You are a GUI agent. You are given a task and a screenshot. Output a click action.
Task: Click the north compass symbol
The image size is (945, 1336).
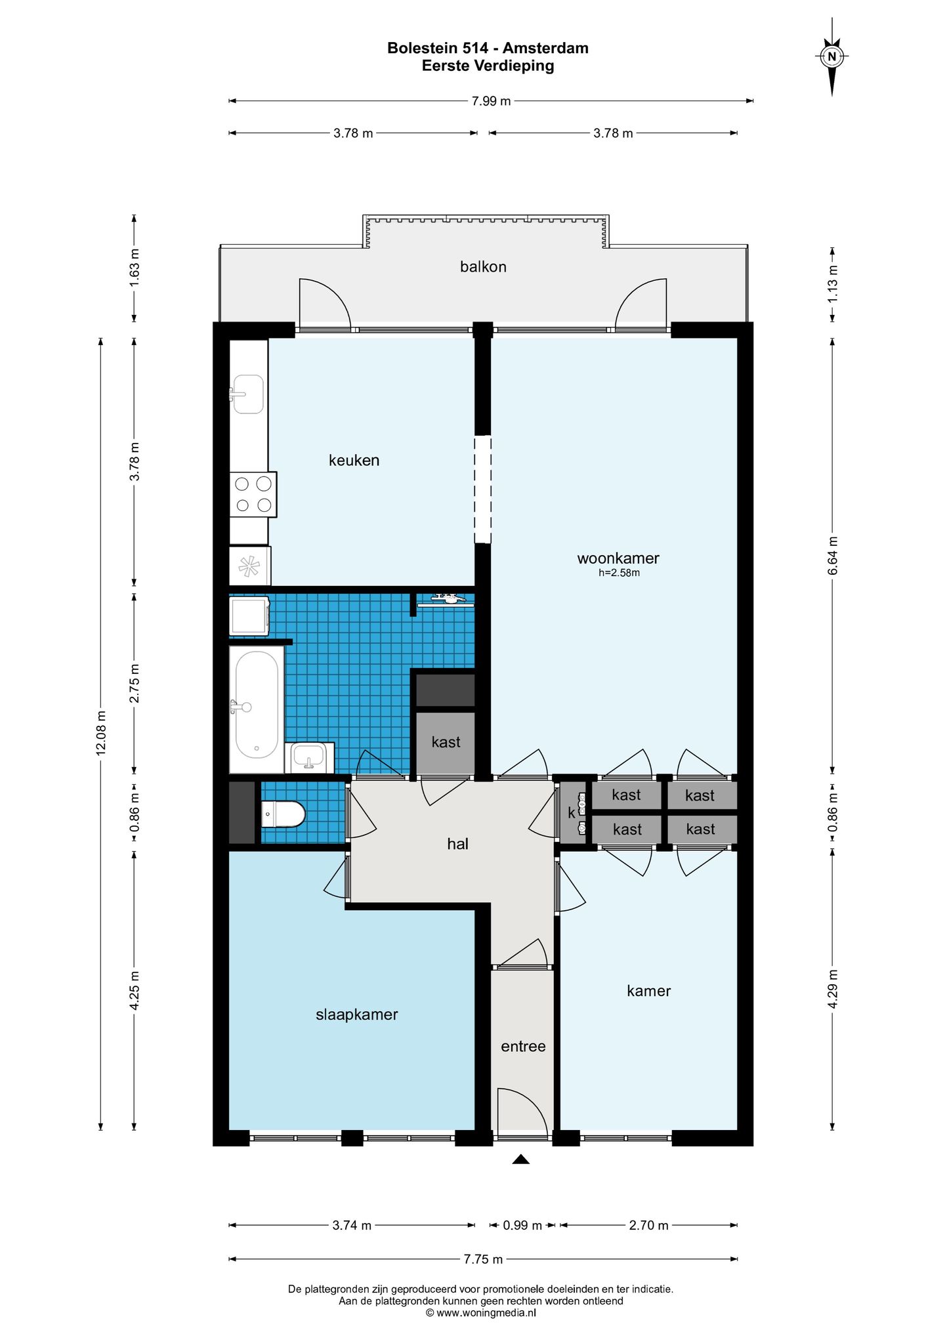pyautogui.click(x=832, y=57)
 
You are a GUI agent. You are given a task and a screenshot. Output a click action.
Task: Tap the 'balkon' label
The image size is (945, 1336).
pyautogui.click(x=483, y=266)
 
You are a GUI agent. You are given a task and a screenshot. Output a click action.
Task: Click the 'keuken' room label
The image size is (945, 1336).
pyautogui.click(x=354, y=460)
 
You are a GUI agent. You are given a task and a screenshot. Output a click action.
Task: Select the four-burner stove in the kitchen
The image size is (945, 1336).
pyautogui.click(x=253, y=494)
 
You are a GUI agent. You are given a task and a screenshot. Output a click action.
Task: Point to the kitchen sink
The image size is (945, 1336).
pyautogui.click(x=248, y=394)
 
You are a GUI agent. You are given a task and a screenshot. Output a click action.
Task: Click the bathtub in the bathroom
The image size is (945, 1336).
pyautogui.click(x=256, y=709)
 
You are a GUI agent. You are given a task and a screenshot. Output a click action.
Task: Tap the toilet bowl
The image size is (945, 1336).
pyautogui.click(x=283, y=814)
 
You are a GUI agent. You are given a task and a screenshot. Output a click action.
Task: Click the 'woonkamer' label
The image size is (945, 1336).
pyautogui.click(x=618, y=558)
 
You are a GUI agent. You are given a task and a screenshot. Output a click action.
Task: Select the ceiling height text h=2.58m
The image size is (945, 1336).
pyautogui.click(x=619, y=573)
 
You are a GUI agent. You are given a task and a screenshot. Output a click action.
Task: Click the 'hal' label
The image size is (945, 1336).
pyautogui.click(x=457, y=844)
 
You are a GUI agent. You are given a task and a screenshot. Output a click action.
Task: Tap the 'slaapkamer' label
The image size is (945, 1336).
pyautogui.click(x=357, y=1014)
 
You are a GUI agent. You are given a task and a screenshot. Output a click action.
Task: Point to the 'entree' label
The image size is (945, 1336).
pyautogui.click(x=523, y=1047)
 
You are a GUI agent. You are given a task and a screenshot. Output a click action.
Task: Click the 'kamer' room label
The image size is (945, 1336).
pyautogui.click(x=648, y=991)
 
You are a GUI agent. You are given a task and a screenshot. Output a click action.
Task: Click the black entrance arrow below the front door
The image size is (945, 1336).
pyautogui.click(x=521, y=1159)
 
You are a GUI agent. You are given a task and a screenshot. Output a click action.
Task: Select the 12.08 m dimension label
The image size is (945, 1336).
pyautogui.click(x=101, y=733)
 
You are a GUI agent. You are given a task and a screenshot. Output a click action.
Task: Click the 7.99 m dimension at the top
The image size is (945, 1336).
pyautogui.click(x=491, y=101)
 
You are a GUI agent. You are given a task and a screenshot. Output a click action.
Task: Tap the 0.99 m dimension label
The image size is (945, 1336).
pyautogui.click(x=522, y=1225)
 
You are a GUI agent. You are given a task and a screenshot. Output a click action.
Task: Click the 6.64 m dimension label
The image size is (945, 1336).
pyautogui.click(x=833, y=556)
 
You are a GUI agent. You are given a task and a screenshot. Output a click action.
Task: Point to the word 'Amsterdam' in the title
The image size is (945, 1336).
pyautogui.click(x=545, y=48)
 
